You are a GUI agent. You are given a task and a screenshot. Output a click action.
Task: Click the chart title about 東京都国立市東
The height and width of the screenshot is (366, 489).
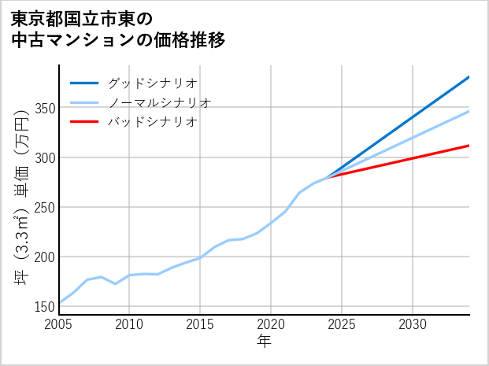(118, 29)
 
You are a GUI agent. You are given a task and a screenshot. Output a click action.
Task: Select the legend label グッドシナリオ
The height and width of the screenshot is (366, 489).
(152, 83)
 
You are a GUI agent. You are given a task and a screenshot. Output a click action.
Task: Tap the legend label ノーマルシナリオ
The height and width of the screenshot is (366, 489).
(159, 102)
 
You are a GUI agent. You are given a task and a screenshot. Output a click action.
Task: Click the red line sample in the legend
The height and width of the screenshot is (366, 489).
(84, 122)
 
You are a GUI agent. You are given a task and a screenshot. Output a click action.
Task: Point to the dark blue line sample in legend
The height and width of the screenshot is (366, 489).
(84, 83)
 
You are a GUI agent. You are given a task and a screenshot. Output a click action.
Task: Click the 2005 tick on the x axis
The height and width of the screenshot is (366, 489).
(59, 324)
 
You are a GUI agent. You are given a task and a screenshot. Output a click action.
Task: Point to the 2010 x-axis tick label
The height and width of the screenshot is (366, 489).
(129, 324)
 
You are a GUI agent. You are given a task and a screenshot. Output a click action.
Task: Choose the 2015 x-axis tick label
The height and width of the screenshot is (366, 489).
(200, 324)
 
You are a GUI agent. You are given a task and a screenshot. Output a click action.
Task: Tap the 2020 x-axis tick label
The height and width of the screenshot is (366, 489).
(271, 324)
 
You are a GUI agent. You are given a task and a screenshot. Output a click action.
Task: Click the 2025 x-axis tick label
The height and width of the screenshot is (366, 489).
(342, 324)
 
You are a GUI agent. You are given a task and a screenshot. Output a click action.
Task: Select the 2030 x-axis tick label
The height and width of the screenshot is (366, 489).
(413, 324)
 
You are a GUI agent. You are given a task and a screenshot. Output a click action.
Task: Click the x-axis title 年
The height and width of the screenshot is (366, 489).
(264, 342)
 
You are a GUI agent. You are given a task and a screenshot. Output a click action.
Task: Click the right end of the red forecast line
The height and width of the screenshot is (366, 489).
(469, 146)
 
